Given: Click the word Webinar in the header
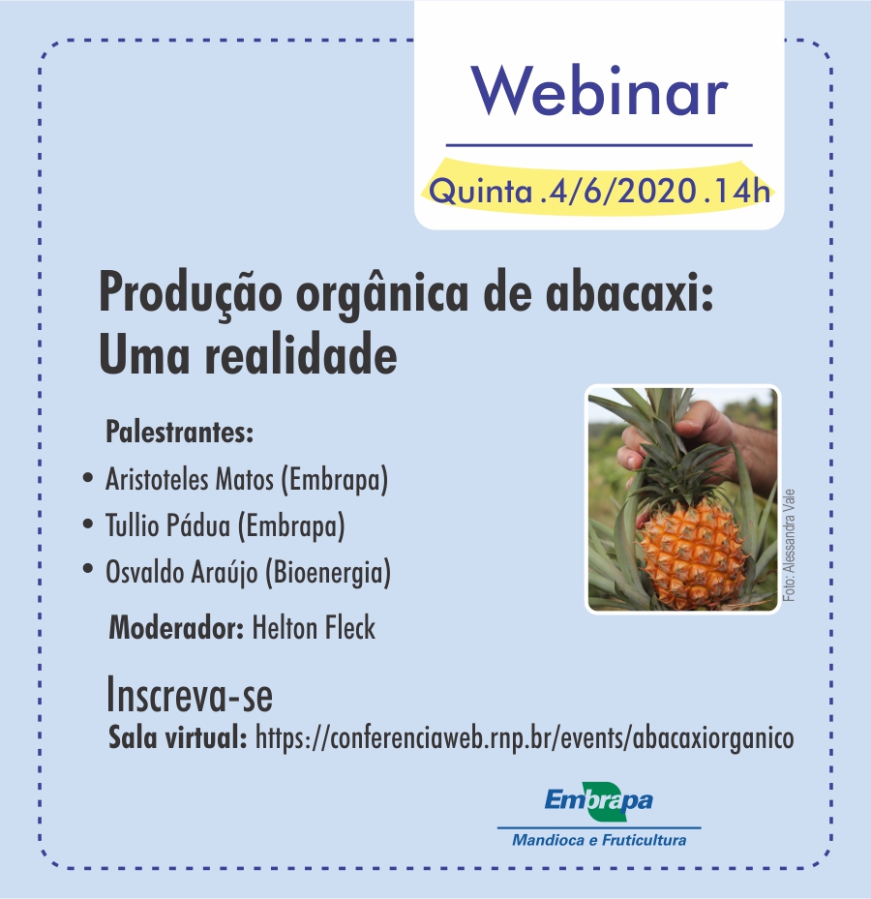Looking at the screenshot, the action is [x=599, y=92].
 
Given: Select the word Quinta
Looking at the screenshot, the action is [x=481, y=192].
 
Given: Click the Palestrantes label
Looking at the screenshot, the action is [x=179, y=432].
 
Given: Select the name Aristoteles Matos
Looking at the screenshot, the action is [x=190, y=479].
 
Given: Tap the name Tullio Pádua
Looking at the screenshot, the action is [x=167, y=525].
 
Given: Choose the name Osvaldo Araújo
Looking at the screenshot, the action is [x=182, y=572].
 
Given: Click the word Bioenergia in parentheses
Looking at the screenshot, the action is [x=328, y=572].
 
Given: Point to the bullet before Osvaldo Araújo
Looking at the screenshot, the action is [x=88, y=569].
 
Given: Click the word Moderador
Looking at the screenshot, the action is [x=177, y=628].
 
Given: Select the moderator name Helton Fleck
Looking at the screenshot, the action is [x=314, y=627].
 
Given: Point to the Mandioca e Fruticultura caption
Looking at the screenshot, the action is [x=599, y=840].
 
